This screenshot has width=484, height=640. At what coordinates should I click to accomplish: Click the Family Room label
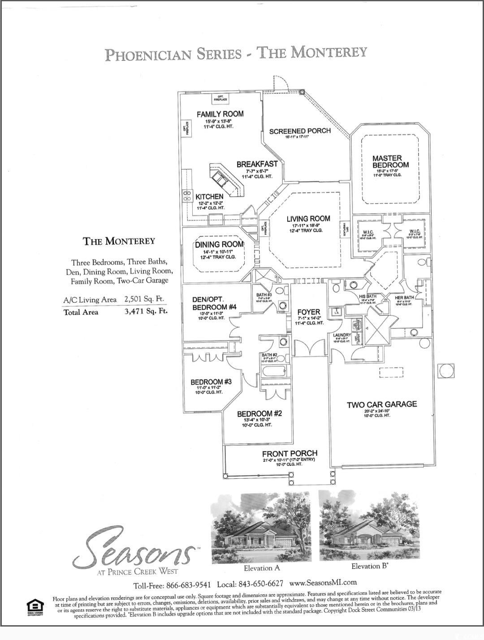coord(220,114)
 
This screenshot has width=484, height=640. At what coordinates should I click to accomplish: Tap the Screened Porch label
coord(300,131)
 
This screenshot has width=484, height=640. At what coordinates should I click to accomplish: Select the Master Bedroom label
coord(390,161)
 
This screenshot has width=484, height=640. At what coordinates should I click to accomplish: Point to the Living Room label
coord(308,219)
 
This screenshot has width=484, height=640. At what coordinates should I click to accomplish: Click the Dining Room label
coord(219,245)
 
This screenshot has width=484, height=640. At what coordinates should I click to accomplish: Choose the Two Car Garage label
coord(382,404)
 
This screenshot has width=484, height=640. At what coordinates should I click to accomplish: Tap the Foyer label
coord(309,312)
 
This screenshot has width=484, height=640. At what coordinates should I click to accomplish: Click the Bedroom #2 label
coord(259,413)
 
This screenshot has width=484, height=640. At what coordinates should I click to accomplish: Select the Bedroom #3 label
coord(211,382)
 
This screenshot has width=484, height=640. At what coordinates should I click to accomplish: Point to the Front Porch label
coord(290,454)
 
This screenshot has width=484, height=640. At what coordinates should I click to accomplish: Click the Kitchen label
coord(209,197)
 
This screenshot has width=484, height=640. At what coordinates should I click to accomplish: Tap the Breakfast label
coord(257,164)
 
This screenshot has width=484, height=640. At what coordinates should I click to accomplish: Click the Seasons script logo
coord(134,547)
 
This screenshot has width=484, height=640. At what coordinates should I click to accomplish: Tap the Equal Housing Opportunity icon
coord(35,608)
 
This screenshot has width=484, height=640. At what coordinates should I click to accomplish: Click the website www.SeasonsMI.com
coord(323,583)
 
